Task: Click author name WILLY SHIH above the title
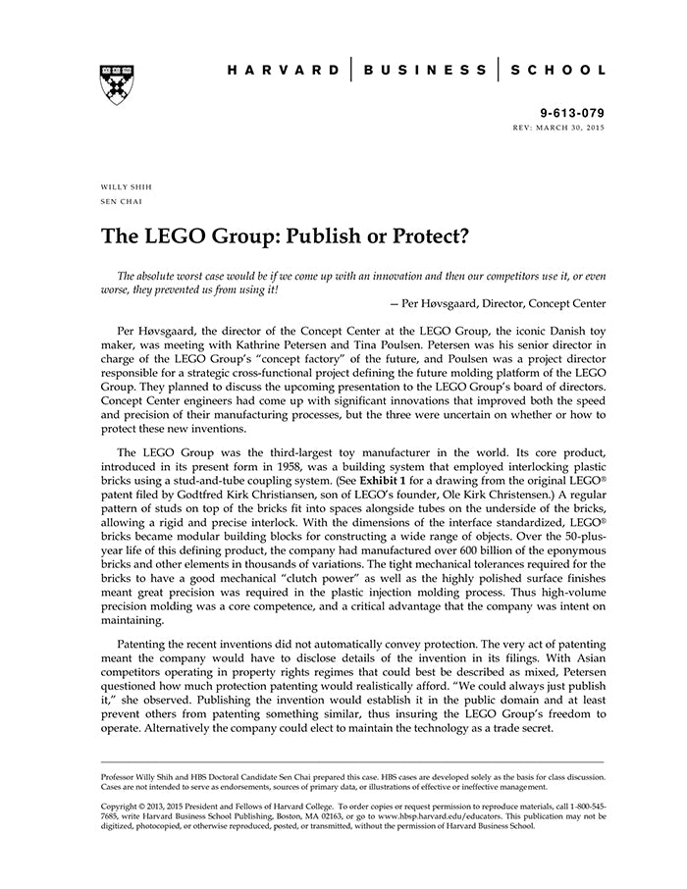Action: (127, 187)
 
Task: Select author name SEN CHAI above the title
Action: (121, 202)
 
